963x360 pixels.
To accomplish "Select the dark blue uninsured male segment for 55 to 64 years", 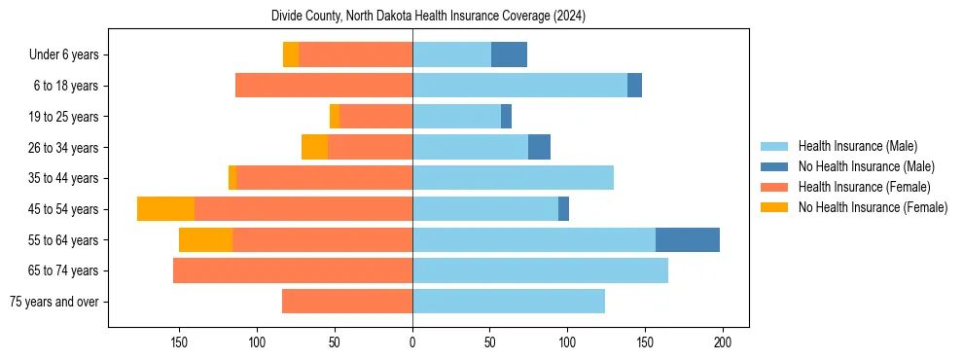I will coord(688,239).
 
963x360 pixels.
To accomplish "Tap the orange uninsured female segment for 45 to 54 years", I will coord(165,209).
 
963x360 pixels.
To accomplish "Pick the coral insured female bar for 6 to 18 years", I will coord(324,86).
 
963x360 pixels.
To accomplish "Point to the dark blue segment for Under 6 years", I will coord(509,54).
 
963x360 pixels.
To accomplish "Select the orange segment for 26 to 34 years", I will coord(314,147).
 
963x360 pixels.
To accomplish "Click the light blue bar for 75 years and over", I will coord(509,302).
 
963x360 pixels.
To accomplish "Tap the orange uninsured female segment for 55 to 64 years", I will coord(206,239).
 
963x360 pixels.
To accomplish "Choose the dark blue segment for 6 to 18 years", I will coord(634,86).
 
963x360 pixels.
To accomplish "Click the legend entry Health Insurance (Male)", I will coord(857,146).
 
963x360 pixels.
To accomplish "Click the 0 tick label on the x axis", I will coord(412,342).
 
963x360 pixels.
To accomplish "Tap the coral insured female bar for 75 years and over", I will coord(347,302).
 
